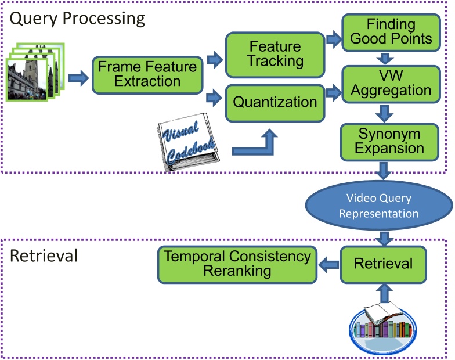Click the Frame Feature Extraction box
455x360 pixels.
tap(147, 74)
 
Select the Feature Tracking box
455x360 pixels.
tap(275, 53)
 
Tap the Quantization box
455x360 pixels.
tap(275, 102)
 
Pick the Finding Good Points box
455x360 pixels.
tap(391, 32)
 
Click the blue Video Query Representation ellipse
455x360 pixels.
tap(378, 206)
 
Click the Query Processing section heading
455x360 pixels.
tap(77, 18)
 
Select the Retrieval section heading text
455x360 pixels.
tap(44, 255)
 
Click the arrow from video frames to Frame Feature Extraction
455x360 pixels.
tap(76, 77)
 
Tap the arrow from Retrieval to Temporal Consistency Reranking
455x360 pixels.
tap(328, 264)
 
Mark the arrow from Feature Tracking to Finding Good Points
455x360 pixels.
tap(333, 39)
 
